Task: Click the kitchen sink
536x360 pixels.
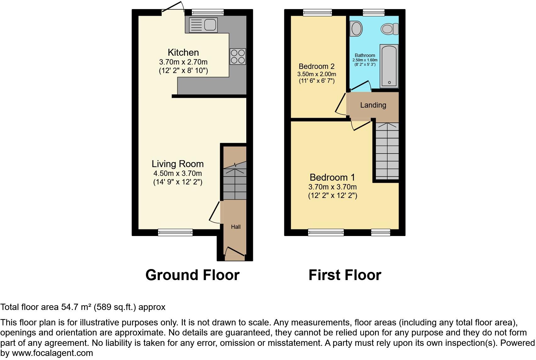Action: point(203,25)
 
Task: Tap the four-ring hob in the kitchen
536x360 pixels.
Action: point(237,57)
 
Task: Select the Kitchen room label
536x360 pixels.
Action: point(183,53)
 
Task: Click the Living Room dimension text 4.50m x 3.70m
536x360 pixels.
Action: point(177,173)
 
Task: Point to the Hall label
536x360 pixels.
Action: point(236,227)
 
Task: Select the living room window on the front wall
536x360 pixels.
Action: point(175,233)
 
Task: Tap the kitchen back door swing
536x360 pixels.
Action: point(173,8)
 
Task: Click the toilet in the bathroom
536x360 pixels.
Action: point(389,29)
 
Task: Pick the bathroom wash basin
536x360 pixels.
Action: point(356,28)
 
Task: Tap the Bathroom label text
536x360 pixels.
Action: point(365,55)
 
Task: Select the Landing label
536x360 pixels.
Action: point(373,105)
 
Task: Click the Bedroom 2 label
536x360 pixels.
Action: point(316,66)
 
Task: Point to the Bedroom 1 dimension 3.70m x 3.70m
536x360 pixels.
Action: point(332,187)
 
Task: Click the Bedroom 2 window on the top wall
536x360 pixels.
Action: point(317,13)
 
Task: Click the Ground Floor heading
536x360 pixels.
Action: point(192,275)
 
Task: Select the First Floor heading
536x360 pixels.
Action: point(345,275)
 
